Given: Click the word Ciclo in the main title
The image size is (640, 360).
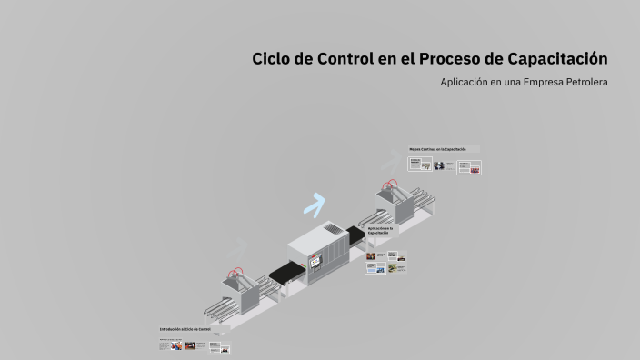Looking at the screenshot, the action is click(271, 59).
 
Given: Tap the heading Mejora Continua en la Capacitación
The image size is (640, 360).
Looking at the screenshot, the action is click(444, 149).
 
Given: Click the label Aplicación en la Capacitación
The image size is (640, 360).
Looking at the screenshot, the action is click(380, 231).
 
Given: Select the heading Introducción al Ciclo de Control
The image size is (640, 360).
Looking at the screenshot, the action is click(185, 329).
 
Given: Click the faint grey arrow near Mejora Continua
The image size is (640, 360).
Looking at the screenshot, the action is click(389, 163).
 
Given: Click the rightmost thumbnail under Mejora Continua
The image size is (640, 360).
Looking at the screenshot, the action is click(469, 167).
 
